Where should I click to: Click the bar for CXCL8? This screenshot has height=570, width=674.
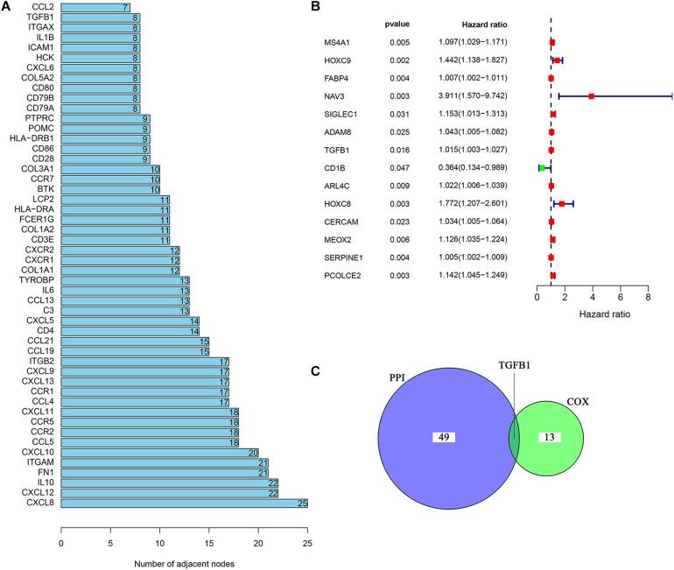(184, 503)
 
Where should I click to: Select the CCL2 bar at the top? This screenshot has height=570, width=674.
(96, 7)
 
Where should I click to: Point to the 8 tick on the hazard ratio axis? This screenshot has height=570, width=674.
(649, 299)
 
